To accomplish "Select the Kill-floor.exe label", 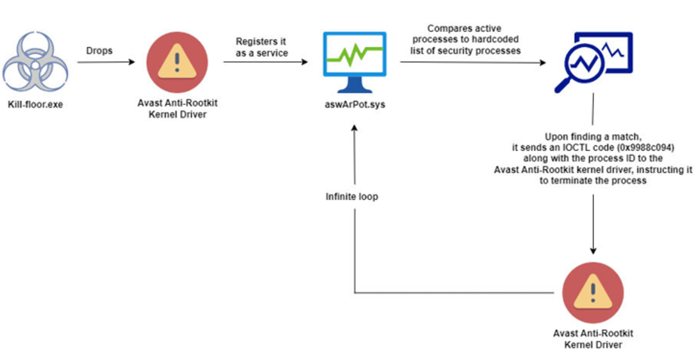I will pos(35,104).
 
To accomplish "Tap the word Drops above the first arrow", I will pos(99,51).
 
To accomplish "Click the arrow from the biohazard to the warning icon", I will pos(106,62).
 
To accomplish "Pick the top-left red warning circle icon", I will pos(172,63).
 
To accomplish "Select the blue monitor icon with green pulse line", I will pos(354,61).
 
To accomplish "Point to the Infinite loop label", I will pos(352,197).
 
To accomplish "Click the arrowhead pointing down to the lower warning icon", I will pos(593,250).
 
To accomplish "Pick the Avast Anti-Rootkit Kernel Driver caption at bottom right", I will pos(593,339).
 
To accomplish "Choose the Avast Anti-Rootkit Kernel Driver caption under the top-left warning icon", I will pos(172,109).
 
